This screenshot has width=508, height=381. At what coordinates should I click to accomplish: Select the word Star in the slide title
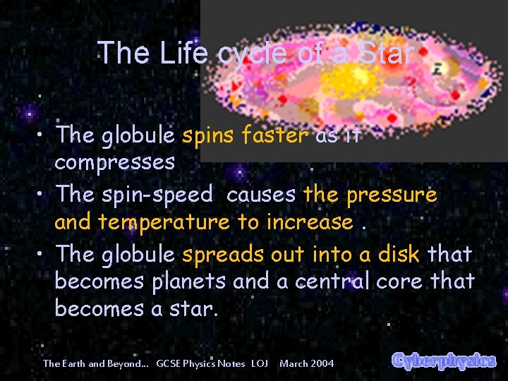coord(385,53)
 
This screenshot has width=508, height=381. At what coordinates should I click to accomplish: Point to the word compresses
coord(114,162)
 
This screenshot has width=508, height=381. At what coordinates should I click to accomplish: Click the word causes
coord(262,193)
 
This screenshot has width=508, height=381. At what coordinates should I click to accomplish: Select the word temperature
coord(164,222)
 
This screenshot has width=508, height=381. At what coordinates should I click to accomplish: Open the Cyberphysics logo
coord(444,361)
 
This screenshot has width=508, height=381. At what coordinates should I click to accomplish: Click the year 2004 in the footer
coord(321,363)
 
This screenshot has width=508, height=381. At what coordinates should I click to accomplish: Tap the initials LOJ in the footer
coord(260,363)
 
